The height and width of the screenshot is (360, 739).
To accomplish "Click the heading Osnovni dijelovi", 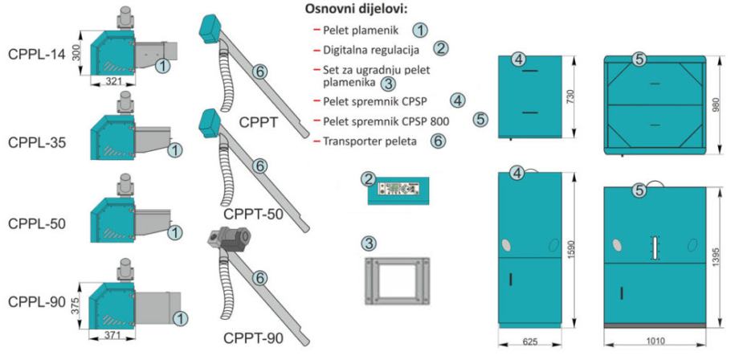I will point(355,11).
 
